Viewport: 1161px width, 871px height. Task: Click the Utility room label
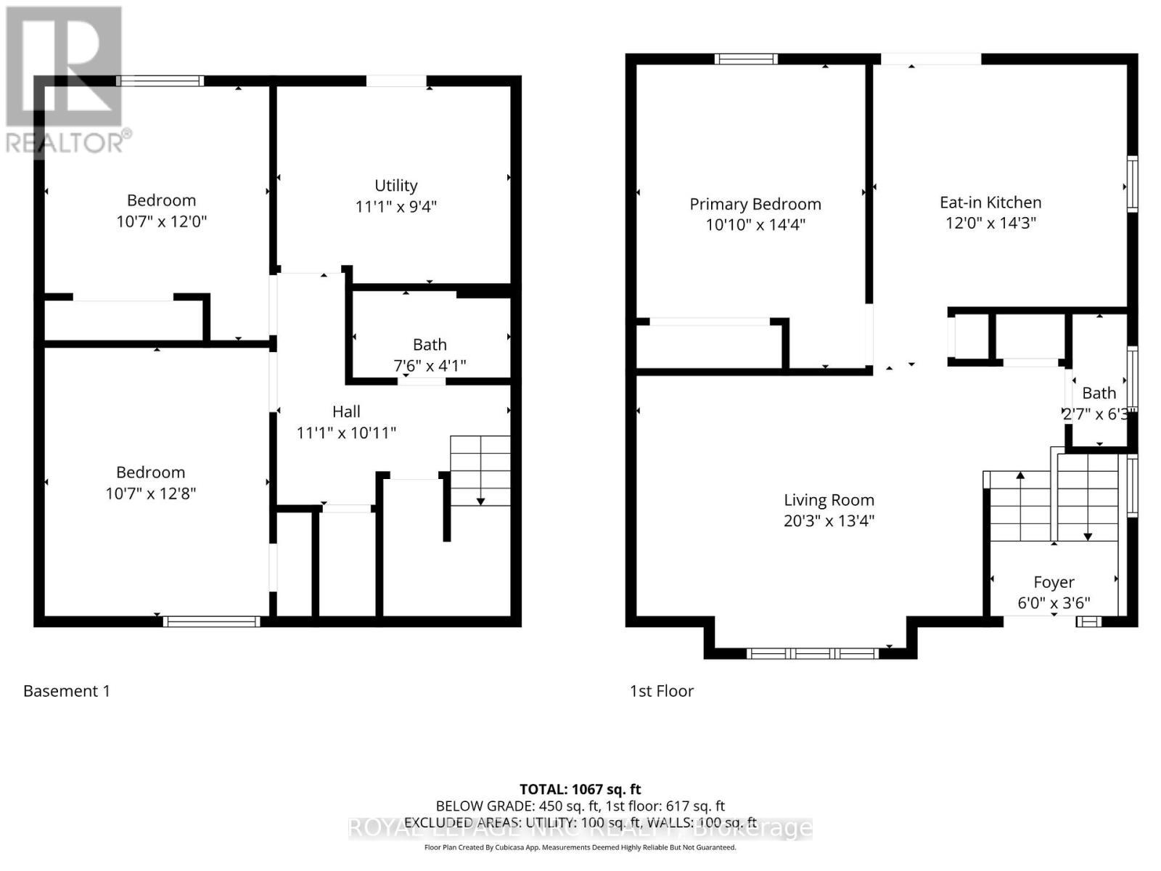(395, 186)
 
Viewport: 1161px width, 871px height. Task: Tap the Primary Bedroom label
(755, 205)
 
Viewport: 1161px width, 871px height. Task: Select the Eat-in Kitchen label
(990, 203)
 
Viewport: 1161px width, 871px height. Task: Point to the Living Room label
(829, 500)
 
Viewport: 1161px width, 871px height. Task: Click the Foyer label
(1054, 582)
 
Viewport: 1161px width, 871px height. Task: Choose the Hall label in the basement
(346, 412)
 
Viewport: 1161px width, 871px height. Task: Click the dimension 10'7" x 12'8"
(151, 494)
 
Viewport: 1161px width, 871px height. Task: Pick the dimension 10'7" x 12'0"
(162, 221)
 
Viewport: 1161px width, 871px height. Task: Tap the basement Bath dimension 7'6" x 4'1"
(430, 366)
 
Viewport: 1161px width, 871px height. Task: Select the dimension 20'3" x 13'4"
(829, 520)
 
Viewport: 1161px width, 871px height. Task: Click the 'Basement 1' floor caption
(67, 691)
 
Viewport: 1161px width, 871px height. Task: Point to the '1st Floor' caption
(662, 691)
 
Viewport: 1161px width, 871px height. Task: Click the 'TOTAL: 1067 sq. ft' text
(580, 789)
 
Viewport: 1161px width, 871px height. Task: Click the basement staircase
(480, 470)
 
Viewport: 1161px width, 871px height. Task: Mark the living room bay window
(812, 653)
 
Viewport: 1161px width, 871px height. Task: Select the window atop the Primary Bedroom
(746, 60)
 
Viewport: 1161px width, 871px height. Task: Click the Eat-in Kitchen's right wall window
(1132, 184)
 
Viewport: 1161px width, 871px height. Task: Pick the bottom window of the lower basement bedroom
(211, 621)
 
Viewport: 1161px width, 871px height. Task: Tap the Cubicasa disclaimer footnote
(580, 847)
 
